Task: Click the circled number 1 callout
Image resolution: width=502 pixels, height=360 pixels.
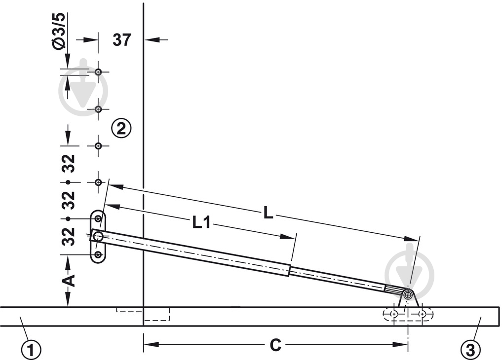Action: coord(32,349)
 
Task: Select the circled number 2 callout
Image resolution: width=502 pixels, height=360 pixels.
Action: coord(121,129)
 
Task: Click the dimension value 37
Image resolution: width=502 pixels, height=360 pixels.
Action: coord(122,40)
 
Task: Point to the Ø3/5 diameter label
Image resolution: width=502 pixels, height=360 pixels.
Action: coord(60,32)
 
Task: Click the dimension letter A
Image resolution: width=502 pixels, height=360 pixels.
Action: coord(69,281)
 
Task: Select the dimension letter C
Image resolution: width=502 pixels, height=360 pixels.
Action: coord(275,345)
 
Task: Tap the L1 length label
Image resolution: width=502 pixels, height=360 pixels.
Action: coord(201,222)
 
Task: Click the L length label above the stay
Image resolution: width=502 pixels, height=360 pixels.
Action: coord(269,213)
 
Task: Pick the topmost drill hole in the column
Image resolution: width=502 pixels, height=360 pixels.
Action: coord(99,72)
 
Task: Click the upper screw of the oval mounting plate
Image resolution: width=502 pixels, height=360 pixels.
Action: coord(98,218)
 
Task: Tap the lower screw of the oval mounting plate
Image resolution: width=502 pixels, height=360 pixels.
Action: coord(98,255)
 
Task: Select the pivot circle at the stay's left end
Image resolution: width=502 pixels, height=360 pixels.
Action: coord(98,237)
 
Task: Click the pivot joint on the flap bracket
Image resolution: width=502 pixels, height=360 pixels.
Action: coord(408,294)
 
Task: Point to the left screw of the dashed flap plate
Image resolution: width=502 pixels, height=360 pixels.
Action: coord(394,315)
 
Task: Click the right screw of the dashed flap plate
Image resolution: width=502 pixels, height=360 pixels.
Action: coord(422,315)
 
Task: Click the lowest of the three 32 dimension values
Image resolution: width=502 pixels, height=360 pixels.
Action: coord(69,237)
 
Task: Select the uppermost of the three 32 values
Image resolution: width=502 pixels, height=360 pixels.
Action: coord(69,164)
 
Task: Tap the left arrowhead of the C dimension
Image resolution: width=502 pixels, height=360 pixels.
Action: coord(151,345)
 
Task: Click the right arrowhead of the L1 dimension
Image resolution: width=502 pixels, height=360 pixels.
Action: coord(287,237)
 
